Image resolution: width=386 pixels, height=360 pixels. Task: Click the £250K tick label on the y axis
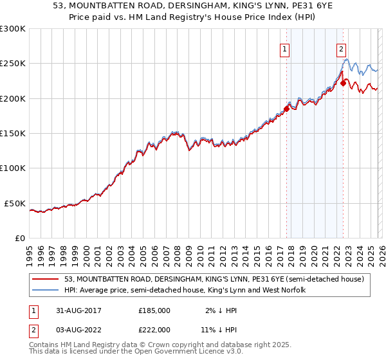tap(12, 64)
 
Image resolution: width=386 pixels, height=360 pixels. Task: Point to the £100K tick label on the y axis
tap(12, 168)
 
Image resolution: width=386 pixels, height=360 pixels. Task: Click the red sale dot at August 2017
tap(287, 109)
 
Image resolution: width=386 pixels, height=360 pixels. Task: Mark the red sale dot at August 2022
tap(343, 83)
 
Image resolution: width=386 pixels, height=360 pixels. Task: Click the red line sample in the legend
tap(46, 279)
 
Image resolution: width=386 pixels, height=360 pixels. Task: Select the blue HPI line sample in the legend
tap(46, 290)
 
